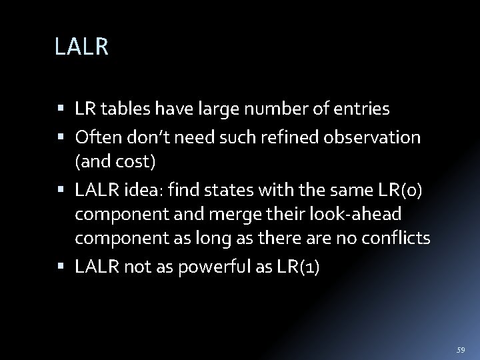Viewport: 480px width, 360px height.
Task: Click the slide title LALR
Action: [82, 47]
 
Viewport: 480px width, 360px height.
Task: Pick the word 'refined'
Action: [296, 137]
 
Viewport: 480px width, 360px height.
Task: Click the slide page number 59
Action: [460, 349]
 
